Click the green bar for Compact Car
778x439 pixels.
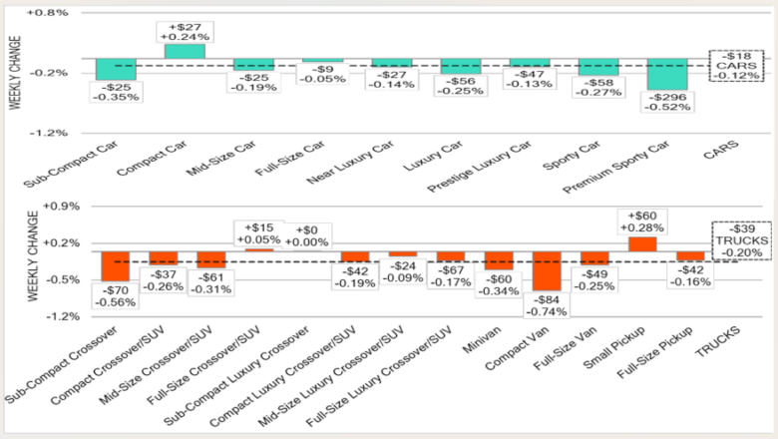pyautogui.click(x=185, y=51)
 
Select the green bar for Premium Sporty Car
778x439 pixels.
pyautogui.click(x=667, y=75)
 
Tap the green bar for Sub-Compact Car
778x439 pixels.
pyautogui.click(x=116, y=68)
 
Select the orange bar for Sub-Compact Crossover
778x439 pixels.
pyautogui.click(x=115, y=266)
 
